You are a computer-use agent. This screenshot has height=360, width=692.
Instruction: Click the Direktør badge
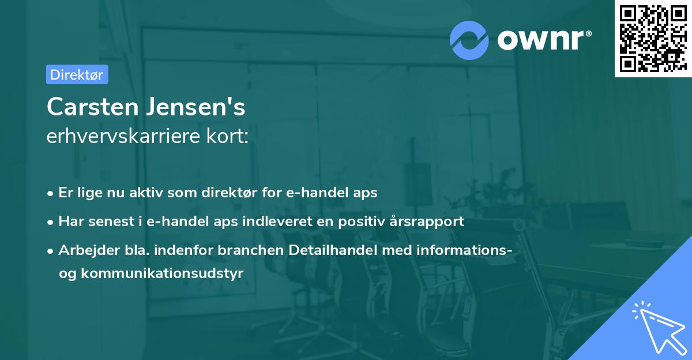[77, 74]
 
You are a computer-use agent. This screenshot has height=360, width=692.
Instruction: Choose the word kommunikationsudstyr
[163, 273]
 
